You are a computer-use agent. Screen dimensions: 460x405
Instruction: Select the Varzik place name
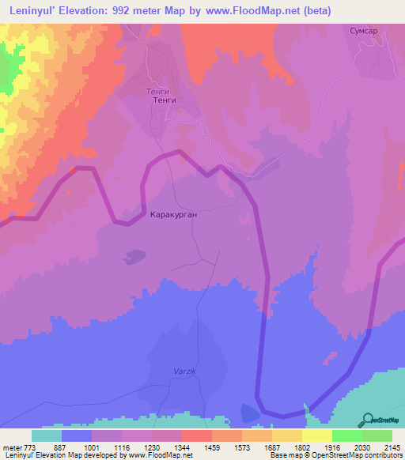point(184,371)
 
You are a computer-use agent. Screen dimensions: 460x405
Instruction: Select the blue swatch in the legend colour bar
point(77,435)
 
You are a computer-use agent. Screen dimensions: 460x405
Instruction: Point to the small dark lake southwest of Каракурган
point(134,256)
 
